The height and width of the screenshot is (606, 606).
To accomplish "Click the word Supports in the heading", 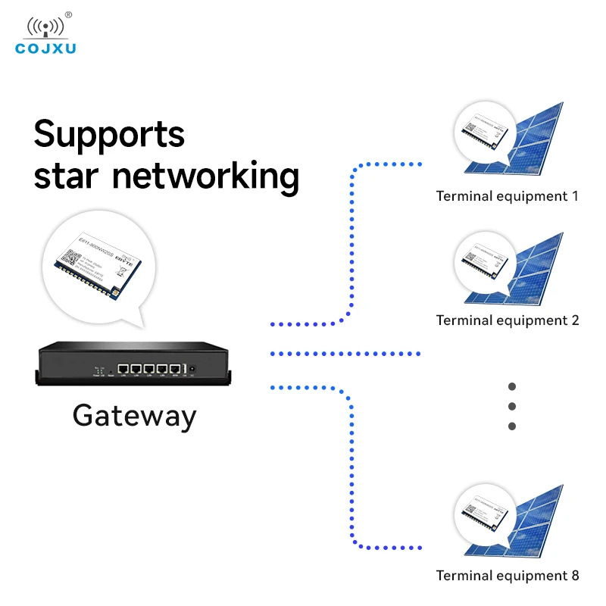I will [x=109, y=134].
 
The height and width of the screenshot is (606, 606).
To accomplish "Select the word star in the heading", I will [x=67, y=175].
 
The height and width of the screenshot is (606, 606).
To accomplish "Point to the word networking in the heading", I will [x=205, y=176].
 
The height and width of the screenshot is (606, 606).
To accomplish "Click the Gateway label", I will [x=134, y=416].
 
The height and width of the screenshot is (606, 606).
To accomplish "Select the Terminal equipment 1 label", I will [x=507, y=196].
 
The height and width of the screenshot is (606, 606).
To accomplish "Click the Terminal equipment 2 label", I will [x=507, y=320].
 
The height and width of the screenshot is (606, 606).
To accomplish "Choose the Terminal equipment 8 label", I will [x=507, y=575].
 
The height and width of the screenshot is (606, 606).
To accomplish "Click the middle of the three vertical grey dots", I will [x=512, y=406].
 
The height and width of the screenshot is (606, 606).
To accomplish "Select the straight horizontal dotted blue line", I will [x=345, y=354].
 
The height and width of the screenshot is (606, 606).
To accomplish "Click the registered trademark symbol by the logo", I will [x=68, y=14].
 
